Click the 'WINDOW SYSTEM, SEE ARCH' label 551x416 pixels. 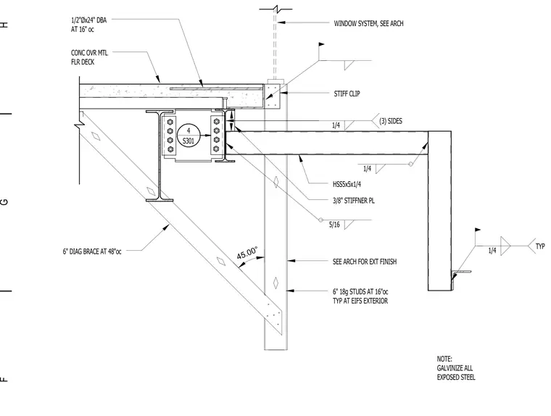point(368,23)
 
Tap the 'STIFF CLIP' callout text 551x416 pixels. point(347,93)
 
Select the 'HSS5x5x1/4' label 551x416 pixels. point(347,184)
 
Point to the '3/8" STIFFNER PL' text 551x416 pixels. point(354,201)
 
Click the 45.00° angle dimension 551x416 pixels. point(247,254)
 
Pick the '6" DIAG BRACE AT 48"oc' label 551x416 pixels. point(92,251)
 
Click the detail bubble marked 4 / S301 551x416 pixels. point(188,136)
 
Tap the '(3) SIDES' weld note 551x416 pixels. point(390,121)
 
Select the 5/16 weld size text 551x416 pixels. point(334,225)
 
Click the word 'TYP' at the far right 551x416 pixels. point(540,246)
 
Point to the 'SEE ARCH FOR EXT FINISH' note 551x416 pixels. point(365,262)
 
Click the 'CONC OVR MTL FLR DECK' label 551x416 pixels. point(89,57)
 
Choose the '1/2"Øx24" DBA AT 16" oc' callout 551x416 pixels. point(88,25)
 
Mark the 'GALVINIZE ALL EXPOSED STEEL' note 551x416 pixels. point(456,368)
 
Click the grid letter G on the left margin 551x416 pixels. point(4,201)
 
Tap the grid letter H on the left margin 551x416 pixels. point(4,25)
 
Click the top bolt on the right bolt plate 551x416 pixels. point(217,122)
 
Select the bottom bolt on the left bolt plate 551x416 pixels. point(170,149)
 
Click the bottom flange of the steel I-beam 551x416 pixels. point(159,200)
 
